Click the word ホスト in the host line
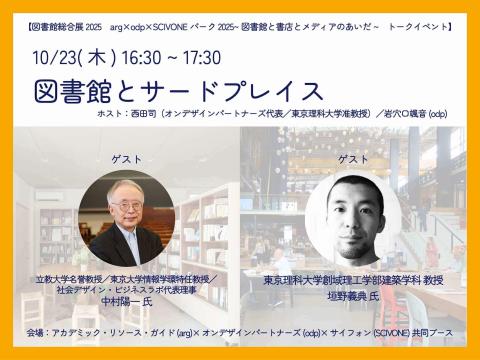(166, 117)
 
